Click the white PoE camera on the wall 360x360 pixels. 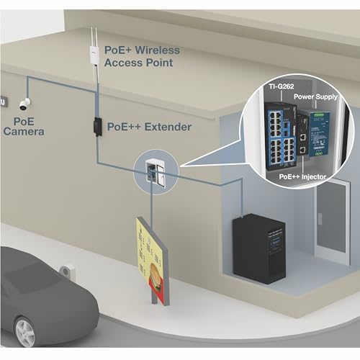[x=25, y=104]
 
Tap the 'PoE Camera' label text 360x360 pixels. [x=24, y=127]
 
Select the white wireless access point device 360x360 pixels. [x=94, y=54]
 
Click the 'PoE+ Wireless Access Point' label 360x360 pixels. [x=142, y=56]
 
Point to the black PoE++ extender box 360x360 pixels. [x=97, y=127]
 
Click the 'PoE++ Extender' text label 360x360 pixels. [x=149, y=127]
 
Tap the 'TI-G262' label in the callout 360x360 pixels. [x=282, y=86]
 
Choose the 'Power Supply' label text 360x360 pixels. [x=315, y=96]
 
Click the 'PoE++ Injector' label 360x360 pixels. [x=302, y=177]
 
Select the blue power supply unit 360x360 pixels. [x=319, y=133]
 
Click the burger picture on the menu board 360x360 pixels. [x=156, y=276]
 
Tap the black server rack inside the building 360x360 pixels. [x=258, y=248]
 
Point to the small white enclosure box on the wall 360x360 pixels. [x=156, y=171]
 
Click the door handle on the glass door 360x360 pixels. [x=320, y=218]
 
